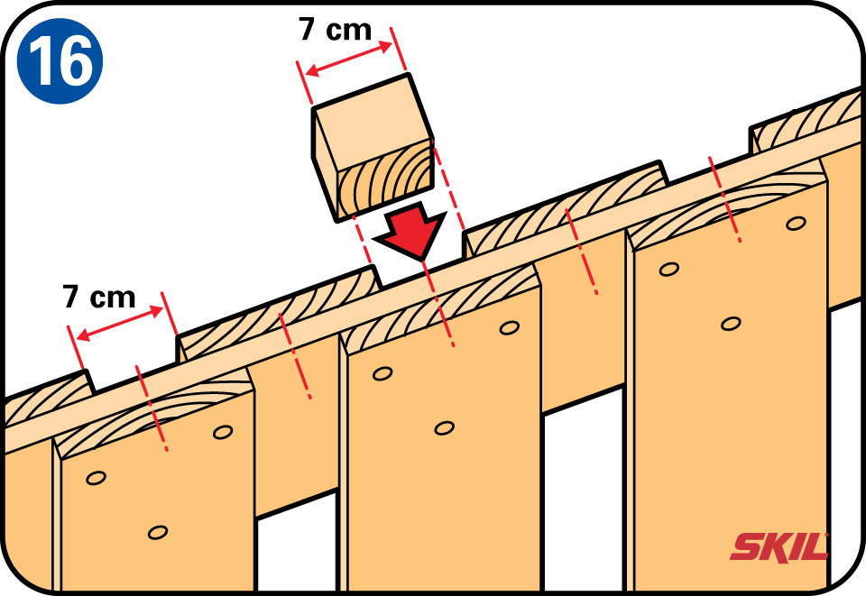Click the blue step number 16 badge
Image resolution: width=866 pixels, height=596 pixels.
click(x=60, y=60)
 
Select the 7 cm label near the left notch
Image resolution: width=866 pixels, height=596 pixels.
click(x=99, y=297)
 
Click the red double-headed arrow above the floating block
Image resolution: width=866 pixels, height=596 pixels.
click(x=349, y=59)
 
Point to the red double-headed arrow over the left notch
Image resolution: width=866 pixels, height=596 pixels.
click(x=120, y=325)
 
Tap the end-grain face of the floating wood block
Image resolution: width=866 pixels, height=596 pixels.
click(x=385, y=180)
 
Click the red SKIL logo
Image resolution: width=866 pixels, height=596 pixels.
click(x=779, y=547)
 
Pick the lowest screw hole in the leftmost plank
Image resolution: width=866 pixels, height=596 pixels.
click(x=158, y=533)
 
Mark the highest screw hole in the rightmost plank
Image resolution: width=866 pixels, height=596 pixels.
click(x=796, y=224)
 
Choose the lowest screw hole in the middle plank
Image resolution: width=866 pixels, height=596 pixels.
click(x=444, y=427)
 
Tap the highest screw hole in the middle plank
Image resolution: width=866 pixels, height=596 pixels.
click(x=509, y=328)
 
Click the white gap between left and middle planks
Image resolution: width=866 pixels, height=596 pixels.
click(x=297, y=545)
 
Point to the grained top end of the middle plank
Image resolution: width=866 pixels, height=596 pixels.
click(x=440, y=307)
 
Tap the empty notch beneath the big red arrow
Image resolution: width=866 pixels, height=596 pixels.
click(x=421, y=263)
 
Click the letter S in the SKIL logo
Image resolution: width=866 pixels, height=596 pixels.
click(x=746, y=547)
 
